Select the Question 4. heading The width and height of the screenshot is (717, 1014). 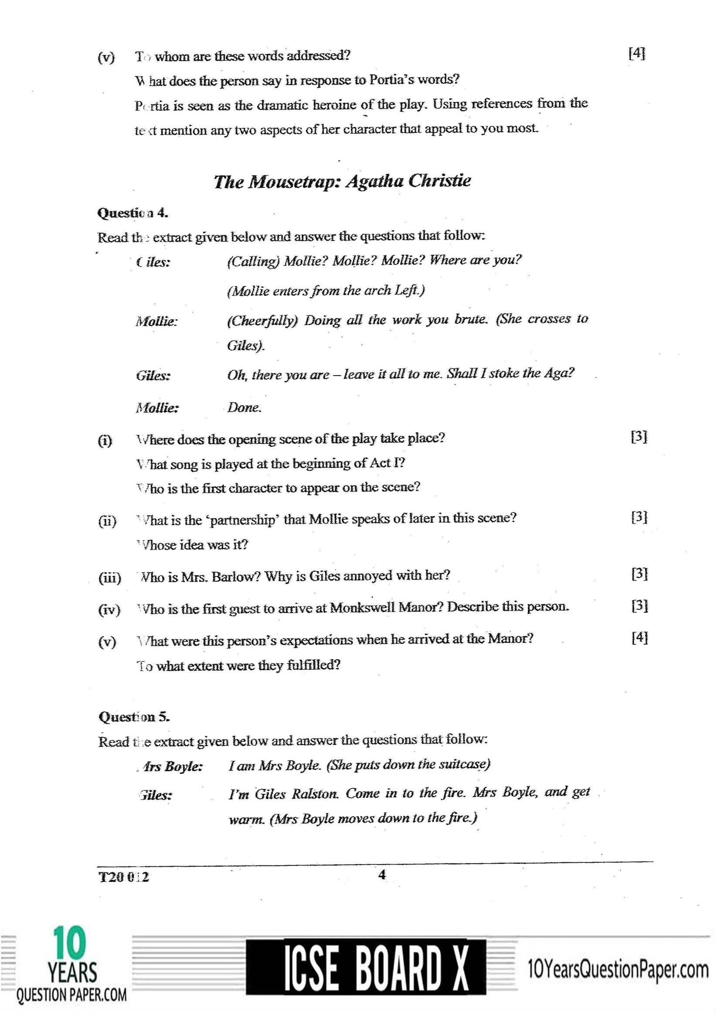point(133,213)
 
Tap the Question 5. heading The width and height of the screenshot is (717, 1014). point(134,716)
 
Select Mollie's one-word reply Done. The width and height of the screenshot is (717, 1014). point(244,407)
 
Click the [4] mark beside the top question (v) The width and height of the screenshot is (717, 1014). point(636,54)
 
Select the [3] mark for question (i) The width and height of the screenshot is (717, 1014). point(639,437)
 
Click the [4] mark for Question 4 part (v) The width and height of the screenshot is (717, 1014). point(639,638)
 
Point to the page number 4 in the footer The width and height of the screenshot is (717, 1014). point(382,874)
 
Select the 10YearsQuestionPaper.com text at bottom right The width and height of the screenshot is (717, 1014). point(618,970)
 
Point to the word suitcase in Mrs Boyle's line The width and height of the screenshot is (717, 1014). point(462,764)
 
